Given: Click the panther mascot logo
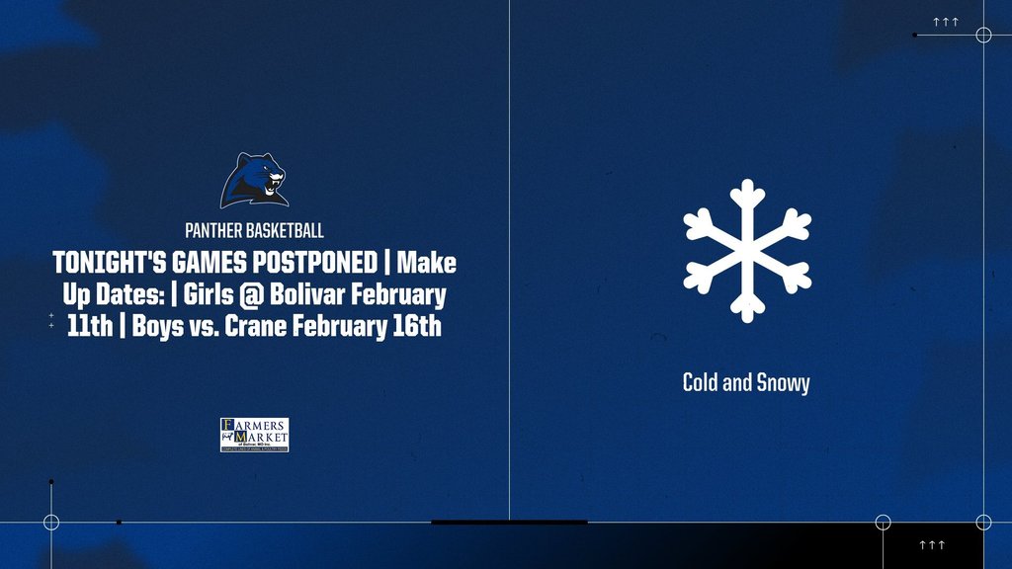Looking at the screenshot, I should [255, 181].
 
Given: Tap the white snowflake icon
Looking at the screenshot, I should [747, 250].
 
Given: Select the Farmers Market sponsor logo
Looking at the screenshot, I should [254, 435].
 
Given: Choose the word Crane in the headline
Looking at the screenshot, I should [254, 326].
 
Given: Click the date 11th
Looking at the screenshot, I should [90, 326].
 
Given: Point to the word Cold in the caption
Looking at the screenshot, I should [702, 382].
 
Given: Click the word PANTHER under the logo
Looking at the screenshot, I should [214, 231].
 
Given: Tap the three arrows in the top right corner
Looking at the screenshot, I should [946, 21].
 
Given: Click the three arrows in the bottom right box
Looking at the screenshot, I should [932, 545].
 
